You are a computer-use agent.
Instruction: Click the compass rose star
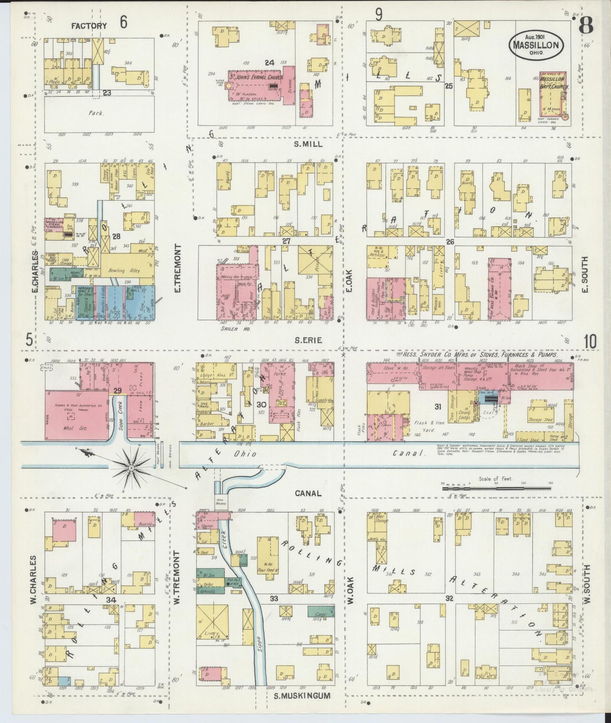pos(132,468)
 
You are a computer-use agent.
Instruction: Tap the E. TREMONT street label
pos(177,269)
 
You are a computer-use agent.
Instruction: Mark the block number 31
pos(438,407)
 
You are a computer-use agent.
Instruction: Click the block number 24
pos(270,63)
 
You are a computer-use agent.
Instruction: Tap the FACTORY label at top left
pos(89,26)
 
